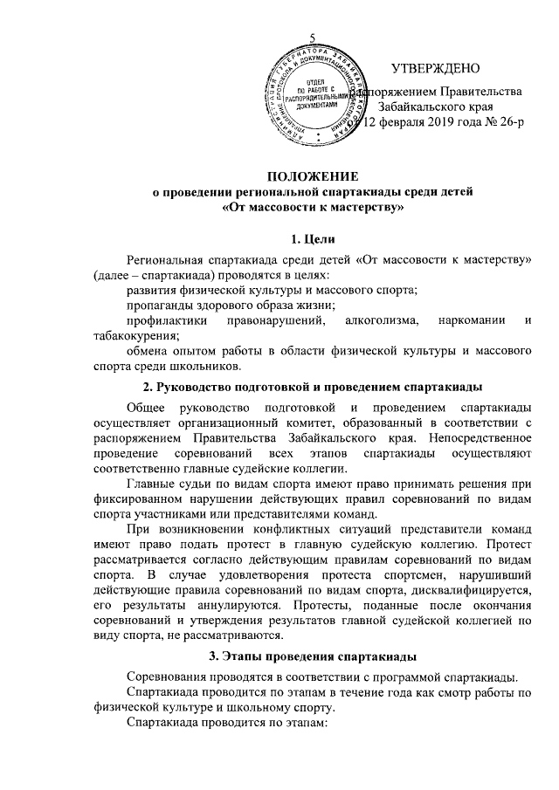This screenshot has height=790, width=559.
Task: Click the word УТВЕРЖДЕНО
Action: pyautogui.click(x=436, y=68)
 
